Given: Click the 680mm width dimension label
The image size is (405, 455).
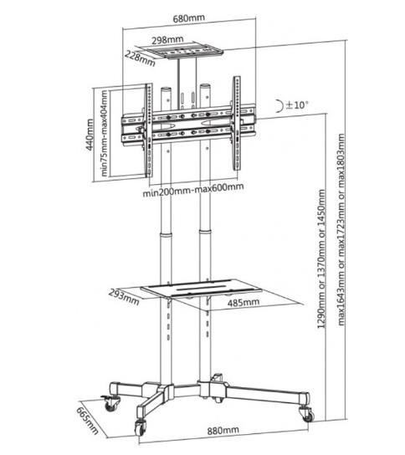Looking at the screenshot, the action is [x=189, y=18].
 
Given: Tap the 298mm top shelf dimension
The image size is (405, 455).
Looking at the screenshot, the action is [x=167, y=40].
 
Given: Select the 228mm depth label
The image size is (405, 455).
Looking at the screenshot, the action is [x=140, y=59].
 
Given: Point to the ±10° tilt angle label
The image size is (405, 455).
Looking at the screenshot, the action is [x=297, y=105].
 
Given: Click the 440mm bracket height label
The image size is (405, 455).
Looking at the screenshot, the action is [x=90, y=135].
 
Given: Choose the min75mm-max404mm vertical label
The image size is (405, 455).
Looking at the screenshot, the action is [x=105, y=133].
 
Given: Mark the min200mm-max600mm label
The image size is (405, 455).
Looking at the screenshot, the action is [x=193, y=190].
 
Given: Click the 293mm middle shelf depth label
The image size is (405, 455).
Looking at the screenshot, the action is [x=124, y=297].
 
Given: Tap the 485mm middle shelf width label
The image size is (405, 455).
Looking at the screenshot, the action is [x=244, y=303].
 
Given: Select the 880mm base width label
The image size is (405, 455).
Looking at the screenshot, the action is [x=223, y=431].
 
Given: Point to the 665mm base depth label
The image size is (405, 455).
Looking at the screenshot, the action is [x=87, y=421].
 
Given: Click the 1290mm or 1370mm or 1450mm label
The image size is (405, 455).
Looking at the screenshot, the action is [x=321, y=258].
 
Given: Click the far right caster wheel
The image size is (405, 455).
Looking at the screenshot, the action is [x=306, y=414].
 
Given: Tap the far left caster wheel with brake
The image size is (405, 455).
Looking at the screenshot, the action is [x=110, y=403].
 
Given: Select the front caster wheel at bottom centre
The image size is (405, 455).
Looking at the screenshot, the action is [x=141, y=427].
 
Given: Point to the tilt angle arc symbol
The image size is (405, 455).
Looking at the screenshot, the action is [x=279, y=105].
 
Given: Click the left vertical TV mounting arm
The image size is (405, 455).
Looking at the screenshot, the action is [x=148, y=130].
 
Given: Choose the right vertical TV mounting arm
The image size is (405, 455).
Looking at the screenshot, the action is [x=237, y=123].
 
